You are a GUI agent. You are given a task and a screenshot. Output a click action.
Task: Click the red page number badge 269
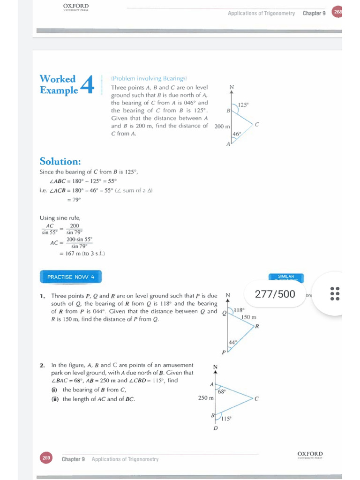[x=46, y=458]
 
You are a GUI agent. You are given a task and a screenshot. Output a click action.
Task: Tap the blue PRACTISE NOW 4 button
[x=71, y=277]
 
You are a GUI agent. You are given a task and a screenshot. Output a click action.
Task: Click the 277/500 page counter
[x=275, y=294]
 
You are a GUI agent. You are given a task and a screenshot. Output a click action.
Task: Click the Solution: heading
[x=60, y=161]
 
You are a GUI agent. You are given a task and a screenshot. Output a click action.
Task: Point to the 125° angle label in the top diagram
[x=243, y=105]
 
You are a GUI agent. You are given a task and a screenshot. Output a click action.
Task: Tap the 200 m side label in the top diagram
[x=222, y=127]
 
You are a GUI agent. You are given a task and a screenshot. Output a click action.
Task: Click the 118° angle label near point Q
[x=239, y=310]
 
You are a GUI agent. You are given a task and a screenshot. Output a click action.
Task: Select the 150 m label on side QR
[x=248, y=317]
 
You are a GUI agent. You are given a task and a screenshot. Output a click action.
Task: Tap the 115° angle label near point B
[x=226, y=419]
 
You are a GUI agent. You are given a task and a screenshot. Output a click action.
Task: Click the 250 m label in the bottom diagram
[x=206, y=398]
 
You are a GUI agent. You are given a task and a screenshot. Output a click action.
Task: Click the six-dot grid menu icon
[x=335, y=293]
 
